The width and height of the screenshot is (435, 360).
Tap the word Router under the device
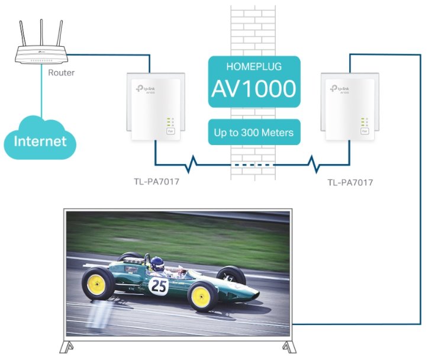click(62, 73)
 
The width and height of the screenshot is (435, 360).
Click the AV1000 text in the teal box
click(253, 89)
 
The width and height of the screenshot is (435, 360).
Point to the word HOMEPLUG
click(253, 66)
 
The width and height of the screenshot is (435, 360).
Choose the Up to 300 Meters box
click(254, 132)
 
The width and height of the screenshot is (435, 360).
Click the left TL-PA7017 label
click(156, 182)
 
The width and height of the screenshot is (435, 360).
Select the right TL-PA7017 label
click(350, 183)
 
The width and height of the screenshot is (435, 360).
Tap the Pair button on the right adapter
click(364, 133)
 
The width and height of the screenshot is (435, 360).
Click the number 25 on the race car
click(159, 287)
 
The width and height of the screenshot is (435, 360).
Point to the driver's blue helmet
click(157, 263)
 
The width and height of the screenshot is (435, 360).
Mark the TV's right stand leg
click(286, 346)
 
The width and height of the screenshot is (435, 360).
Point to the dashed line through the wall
click(253, 164)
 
